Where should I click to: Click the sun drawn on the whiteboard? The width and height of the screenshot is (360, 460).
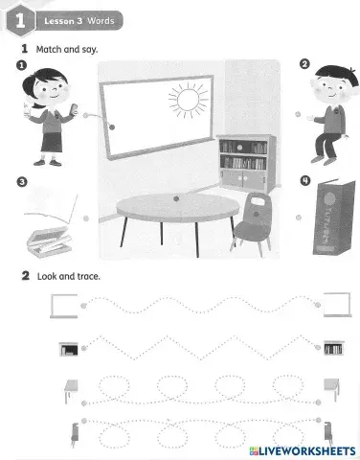coord(187,99)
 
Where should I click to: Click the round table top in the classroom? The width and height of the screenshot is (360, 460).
coord(167,205)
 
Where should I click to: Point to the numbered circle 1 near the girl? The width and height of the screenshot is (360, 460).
coord(21,65)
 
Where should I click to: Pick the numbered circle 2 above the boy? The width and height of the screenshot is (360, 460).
coord(304,65)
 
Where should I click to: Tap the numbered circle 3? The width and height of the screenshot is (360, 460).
coord(21,180)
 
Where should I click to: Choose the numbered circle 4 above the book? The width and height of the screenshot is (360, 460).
coord(304,180)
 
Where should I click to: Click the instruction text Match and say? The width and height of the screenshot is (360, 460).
coord(66,47)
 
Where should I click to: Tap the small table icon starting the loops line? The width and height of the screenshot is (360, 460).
coord(66,386)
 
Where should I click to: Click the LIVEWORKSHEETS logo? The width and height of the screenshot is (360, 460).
coord(302,450)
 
